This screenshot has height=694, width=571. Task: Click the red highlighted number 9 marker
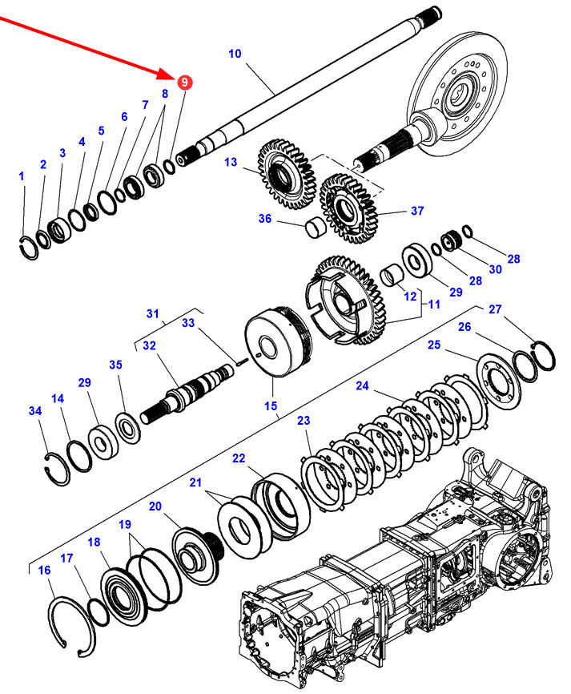(x=184, y=82)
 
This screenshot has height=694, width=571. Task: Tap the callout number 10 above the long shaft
(x=235, y=54)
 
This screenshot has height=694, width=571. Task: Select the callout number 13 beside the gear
(x=231, y=163)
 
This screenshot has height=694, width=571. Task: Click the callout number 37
(x=417, y=212)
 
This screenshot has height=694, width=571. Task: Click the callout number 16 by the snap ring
(x=45, y=571)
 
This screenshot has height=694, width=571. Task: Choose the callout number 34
(x=34, y=412)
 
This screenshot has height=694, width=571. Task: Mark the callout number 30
(x=495, y=270)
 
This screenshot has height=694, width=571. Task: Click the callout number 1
(x=22, y=176)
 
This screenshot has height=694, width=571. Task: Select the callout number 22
(x=239, y=458)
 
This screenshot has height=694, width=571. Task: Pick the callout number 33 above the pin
(x=188, y=324)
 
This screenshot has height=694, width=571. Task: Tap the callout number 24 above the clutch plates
(x=362, y=386)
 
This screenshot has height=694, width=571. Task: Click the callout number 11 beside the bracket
(x=433, y=305)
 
